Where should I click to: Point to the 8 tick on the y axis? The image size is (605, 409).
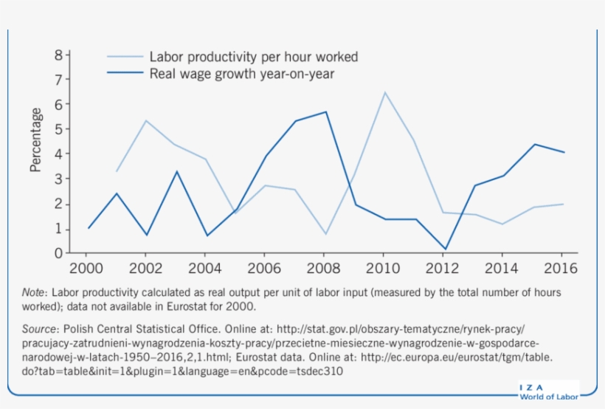pyautogui.click(x=59, y=55)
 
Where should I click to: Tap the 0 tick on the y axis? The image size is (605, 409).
pyautogui.click(x=59, y=253)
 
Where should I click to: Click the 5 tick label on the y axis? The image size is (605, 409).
pyautogui.click(x=59, y=129)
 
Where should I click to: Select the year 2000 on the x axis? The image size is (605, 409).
pyautogui.click(x=88, y=268)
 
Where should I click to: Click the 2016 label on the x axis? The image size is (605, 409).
pyautogui.click(x=561, y=268)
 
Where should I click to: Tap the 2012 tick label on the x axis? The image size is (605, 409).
pyautogui.click(x=443, y=268)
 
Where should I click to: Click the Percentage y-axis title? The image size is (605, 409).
pyautogui.click(x=35, y=140)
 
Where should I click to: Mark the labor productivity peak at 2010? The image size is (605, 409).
pyautogui.click(x=384, y=92)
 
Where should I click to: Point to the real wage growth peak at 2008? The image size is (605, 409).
pyautogui.click(x=325, y=111)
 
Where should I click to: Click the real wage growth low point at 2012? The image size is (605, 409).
pyautogui.click(x=443, y=250)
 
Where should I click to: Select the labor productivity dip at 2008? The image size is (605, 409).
pyautogui.click(x=325, y=234)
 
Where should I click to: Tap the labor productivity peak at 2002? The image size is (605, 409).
pyautogui.click(x=147, y=120)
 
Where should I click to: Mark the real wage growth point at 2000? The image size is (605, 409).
pyautogui.click(x=89, y=228)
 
